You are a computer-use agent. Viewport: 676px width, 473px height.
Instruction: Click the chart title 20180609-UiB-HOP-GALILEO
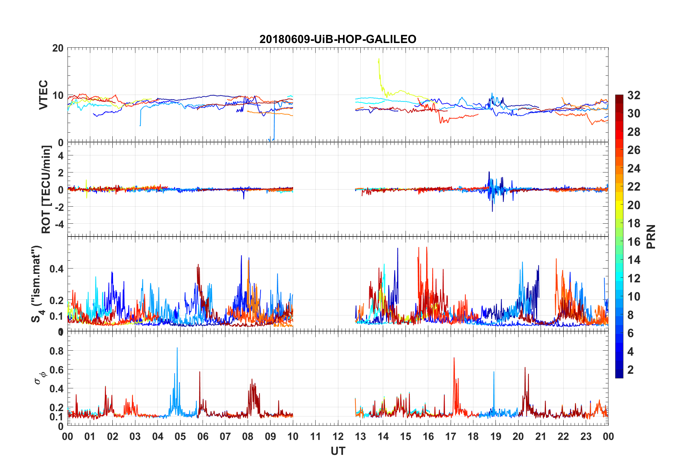tap(338, 39)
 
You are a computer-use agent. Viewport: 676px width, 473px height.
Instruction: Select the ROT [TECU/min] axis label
tap(46, 189)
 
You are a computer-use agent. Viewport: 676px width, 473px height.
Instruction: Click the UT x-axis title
tap(338, 451)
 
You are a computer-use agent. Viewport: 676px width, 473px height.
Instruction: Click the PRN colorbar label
tap(651, 236)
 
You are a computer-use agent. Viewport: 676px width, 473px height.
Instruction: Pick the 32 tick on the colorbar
tap(634, 95)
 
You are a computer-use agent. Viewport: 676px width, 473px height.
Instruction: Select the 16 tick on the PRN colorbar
tap(634, 242)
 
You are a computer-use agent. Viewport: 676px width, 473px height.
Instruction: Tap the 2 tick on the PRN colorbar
tap(631, 370)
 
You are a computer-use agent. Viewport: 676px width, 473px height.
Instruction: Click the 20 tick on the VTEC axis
tap(58, 48)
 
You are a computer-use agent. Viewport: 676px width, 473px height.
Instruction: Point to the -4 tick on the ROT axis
tap(58, 224)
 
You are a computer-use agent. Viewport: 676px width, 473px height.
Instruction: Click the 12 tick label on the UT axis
tap(338, 436)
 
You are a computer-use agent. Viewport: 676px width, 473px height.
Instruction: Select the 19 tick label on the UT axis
tap(495, 436)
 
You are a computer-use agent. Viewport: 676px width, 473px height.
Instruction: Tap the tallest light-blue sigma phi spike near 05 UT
tap(177, 348)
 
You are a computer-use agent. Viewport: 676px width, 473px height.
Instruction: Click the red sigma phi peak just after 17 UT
tap(454, 358)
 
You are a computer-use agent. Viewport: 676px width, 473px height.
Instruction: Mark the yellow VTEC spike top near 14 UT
tap(379, 59)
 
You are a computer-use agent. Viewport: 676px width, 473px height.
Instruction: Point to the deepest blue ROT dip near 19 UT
tap(492, 211)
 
